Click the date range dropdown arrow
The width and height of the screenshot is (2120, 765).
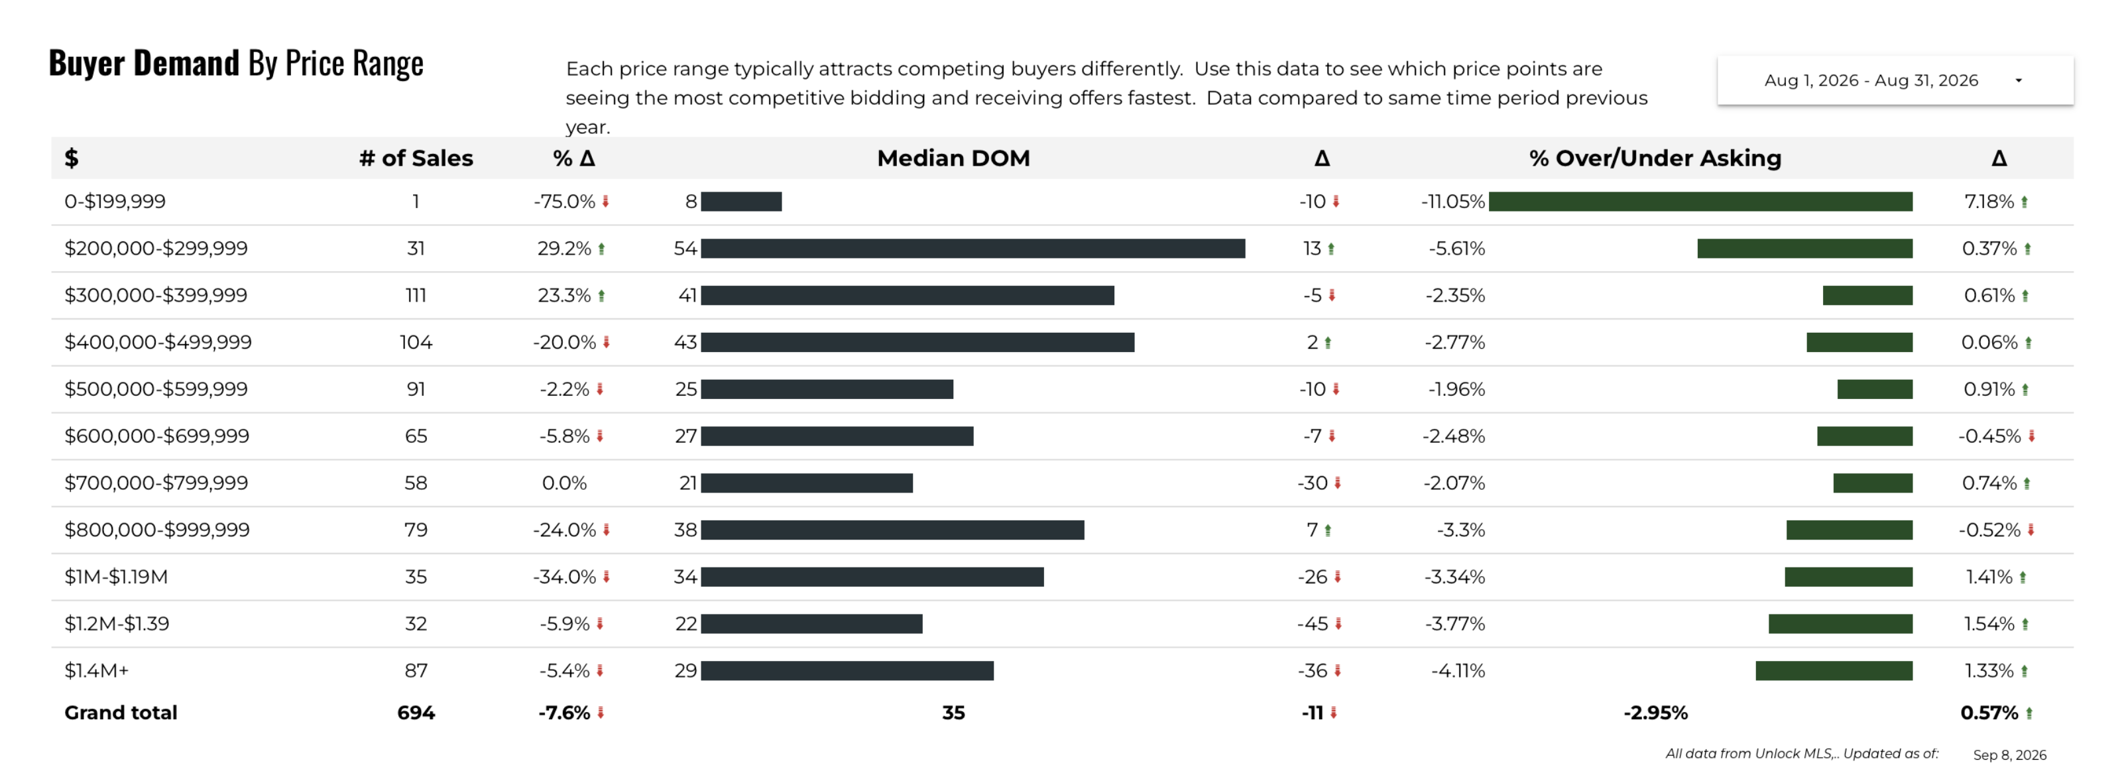(x=2018, y=81)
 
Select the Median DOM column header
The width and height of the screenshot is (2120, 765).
(x=953, y=158)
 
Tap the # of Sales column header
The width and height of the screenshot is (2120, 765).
(x=416, y=158)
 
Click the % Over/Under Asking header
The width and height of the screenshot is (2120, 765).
(x=1655, y=158)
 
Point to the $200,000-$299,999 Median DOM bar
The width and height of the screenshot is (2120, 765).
(x=972, y=249)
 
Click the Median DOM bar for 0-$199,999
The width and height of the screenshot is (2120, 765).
(x=742, y=202)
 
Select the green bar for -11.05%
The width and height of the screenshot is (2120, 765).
(x=1700, y=202)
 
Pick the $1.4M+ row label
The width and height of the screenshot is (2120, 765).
(x=96, y=670)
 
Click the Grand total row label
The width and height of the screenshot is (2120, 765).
(x=121, y=713)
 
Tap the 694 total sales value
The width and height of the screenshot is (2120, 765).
(x=416, y=713)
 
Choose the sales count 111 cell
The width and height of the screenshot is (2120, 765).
(x=416, y=295)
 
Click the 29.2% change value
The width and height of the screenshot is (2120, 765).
(x=565, y=249)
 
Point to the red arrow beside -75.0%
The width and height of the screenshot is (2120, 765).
(x=606, y=202)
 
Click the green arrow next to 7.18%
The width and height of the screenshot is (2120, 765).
(x=2025, y=202)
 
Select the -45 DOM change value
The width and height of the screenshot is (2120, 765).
(x=1313, y=624)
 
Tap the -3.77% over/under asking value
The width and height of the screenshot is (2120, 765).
(x=1455, y=624)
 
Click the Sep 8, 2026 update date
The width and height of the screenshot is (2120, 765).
(x=2010, y=754)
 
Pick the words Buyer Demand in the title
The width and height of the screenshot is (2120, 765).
(x=144, y=64)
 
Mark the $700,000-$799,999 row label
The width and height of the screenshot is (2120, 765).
(x=156, y=483)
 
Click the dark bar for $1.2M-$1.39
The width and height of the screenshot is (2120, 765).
(x=811, y=624)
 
